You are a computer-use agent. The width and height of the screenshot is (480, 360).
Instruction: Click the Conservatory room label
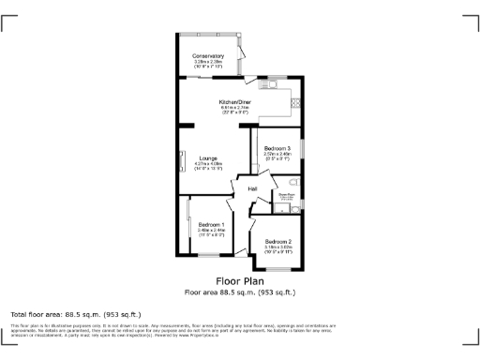pyautogui.click(x=208, y=56)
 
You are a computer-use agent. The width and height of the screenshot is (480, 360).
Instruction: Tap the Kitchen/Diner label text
pyautogui.click(x=235, y=101)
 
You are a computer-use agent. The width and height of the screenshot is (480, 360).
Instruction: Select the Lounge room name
pyautogui.click(x=208, y=158)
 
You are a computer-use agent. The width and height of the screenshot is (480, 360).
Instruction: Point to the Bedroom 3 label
pyautogui.click(x=277, y=149)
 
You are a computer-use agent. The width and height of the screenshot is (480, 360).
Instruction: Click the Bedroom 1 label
pyautogui.click(x=210, y=224)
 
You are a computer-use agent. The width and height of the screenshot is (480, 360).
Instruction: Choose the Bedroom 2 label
pyautogui.click(x=277, y=242)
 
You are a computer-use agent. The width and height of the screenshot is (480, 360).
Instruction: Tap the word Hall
pyautogui.click(x=253, y=188)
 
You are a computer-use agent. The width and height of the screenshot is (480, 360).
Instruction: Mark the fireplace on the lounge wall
pyautogui.click(x=181, y=160)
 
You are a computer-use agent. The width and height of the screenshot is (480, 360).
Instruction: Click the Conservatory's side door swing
pyautogui.click(x=242, y=65)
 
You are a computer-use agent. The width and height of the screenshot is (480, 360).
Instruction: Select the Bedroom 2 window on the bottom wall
pyautogui.click(x=277, y=270)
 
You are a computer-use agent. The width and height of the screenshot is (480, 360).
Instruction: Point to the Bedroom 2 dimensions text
pyautogui.click(x=277, y=249)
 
